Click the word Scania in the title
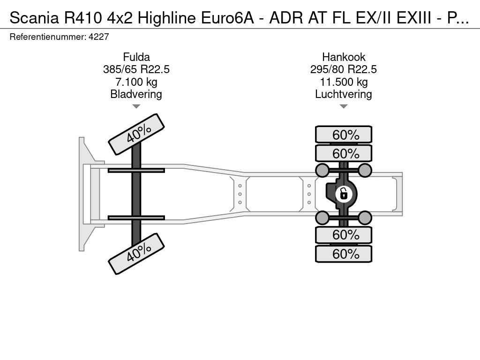pos(34,18)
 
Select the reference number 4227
pos(98,37)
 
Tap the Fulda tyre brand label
pos(136,57)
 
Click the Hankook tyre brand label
pos(344,57)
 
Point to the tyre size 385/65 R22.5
pos(136,69)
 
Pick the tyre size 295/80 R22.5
pos(344,69)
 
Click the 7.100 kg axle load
pos(136,82)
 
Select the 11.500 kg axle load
pos(344,82)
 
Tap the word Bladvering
pos(136,94)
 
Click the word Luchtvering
pos(344,94)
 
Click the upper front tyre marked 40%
pos(136,135)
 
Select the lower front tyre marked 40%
pos(136,254)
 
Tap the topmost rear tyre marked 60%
pos(344,135)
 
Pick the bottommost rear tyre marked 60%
pos(344,254)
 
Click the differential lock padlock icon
pos(344,194)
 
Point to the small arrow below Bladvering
pos(136,106)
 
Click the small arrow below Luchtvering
pos(344,106)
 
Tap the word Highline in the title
pos(166,18)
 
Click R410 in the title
pos(82,18)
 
